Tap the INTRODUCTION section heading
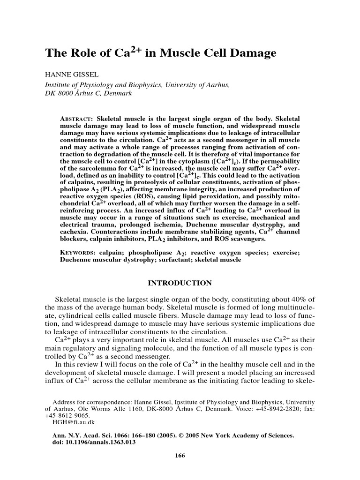pyautogui.click(x=180, y=283)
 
